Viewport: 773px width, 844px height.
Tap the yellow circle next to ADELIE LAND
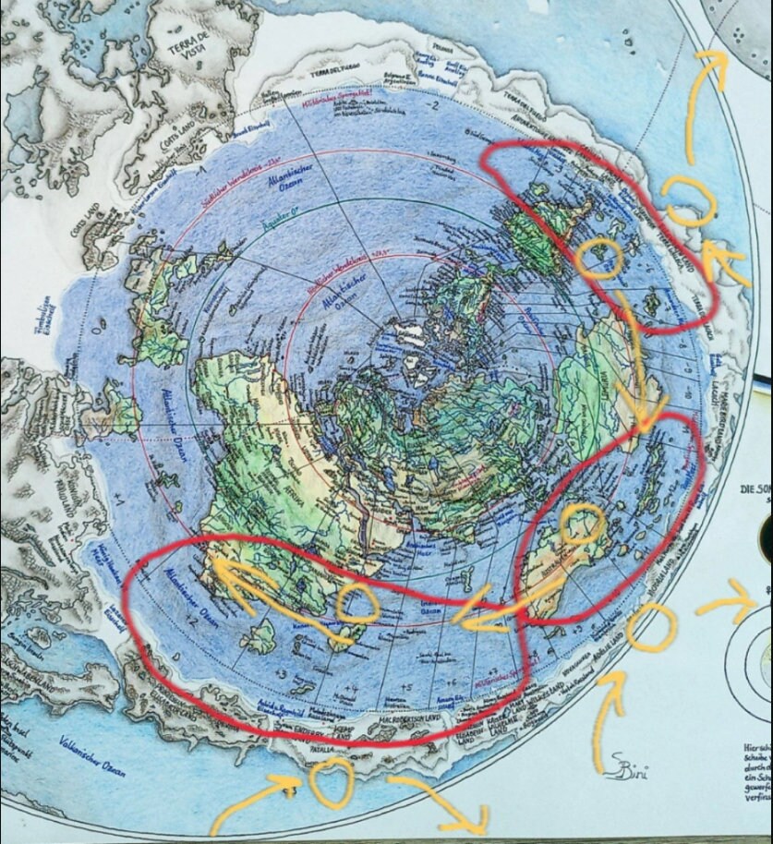(650, 628)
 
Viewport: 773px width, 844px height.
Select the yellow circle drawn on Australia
(585, 524)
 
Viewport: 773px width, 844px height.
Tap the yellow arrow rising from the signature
(607, 711)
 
